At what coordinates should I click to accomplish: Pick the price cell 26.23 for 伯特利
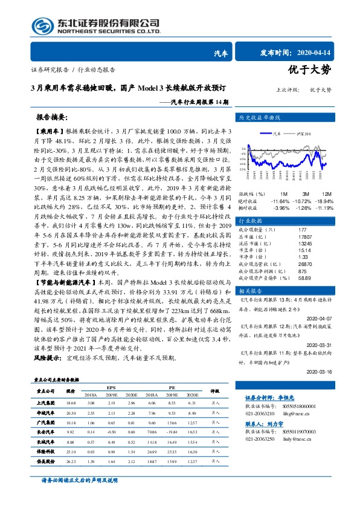pos(71,462)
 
